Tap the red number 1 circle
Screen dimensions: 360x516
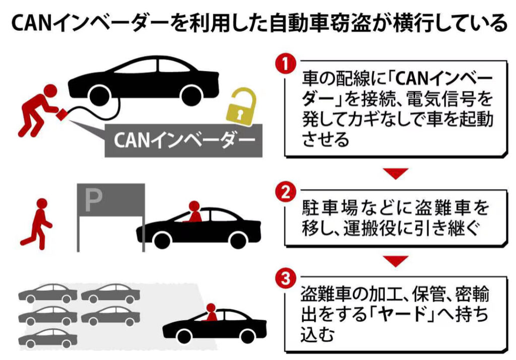tap(286, 65)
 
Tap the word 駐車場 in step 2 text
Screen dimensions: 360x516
tap(330, 208)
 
